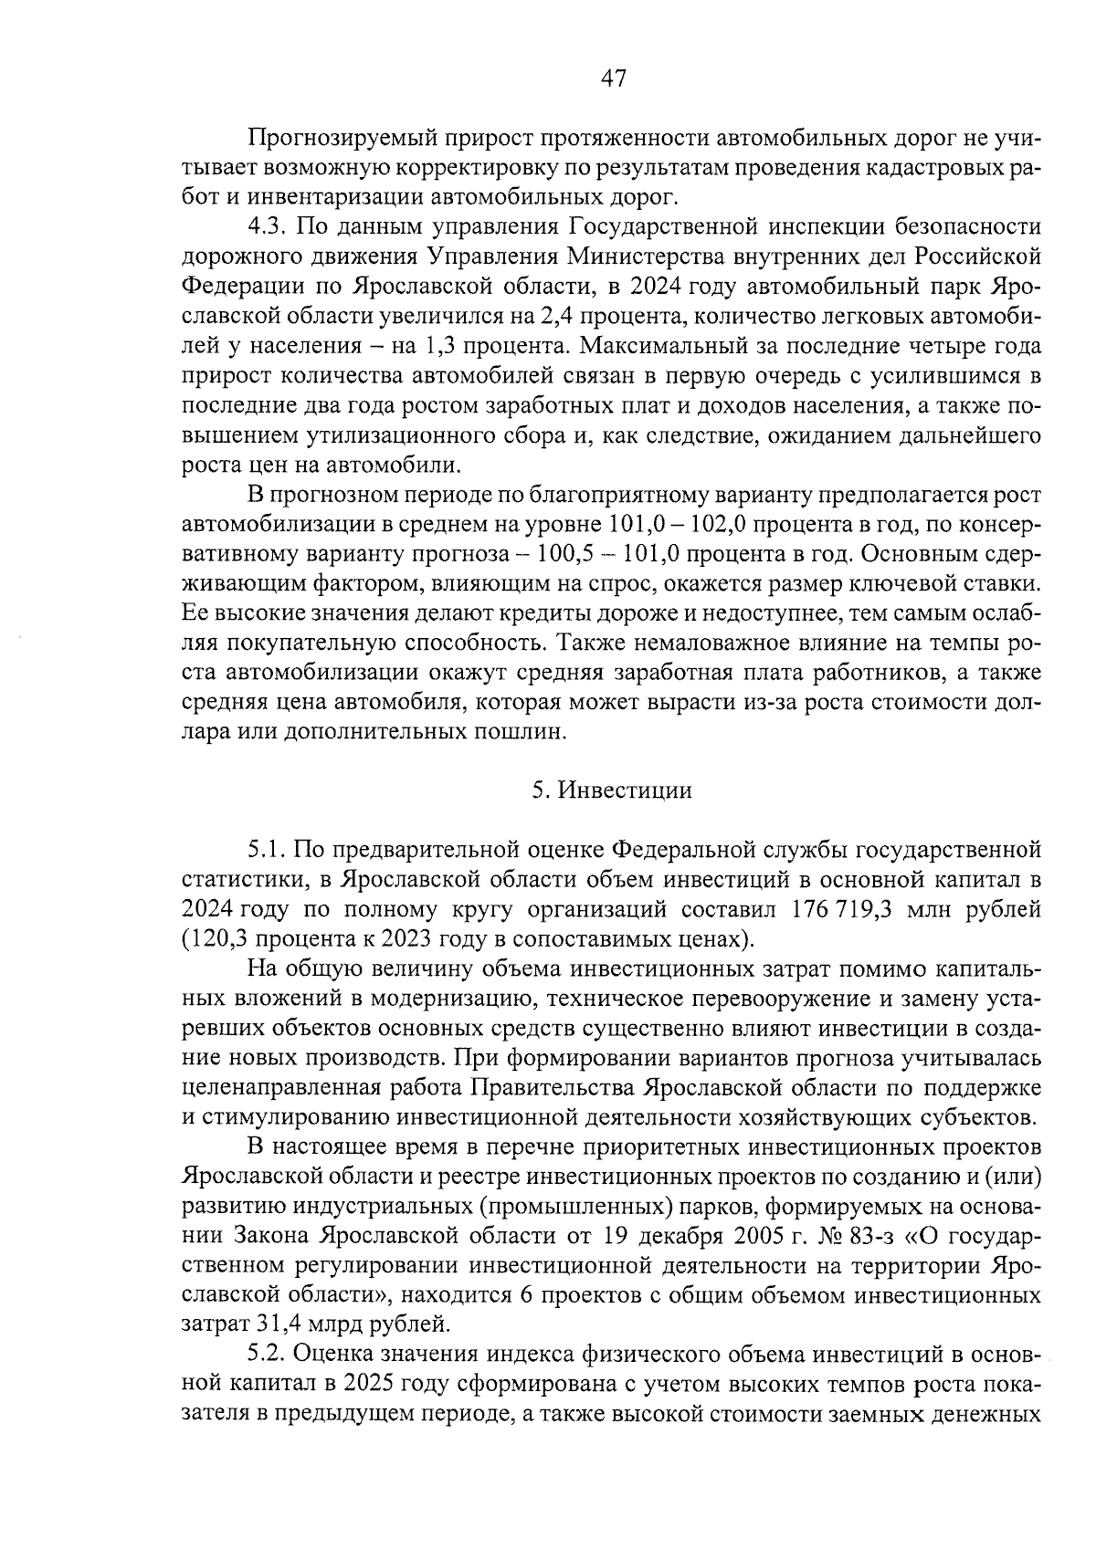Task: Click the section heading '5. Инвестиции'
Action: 612,790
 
